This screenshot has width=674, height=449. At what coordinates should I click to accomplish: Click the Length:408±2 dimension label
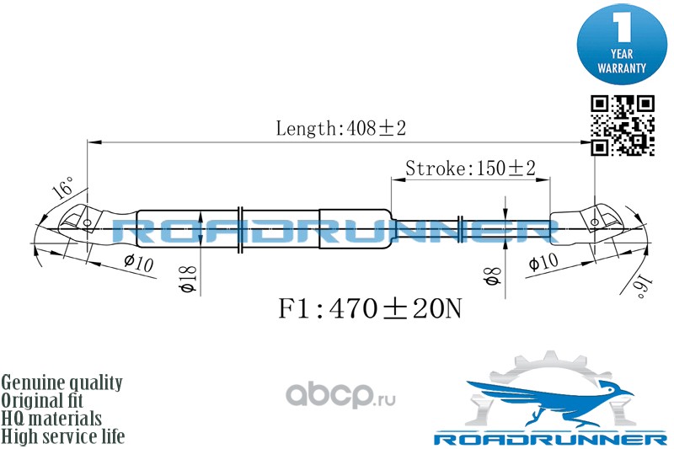pyautogui.click(x=341, y=129)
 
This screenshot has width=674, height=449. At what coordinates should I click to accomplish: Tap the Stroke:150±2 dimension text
pyautogui.click(x=470, y=167)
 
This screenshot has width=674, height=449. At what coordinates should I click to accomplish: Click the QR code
pyautogui.click(x=622, y=125)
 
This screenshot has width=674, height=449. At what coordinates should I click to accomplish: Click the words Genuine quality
pyautogui.click(x=62, y=382)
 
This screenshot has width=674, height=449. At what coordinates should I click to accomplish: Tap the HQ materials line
pyautogui.click(x=51, y=418)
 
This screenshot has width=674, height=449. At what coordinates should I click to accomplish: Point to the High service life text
pyautogui.click(x=63, y=436)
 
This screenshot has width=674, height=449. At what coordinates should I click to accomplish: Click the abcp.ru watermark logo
pyautogui.click(x=337, y=393)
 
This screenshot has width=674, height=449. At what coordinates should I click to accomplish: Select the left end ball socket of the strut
pyautogui.click(x=80, y=222)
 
